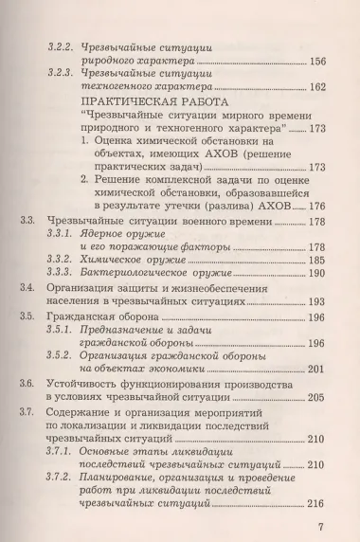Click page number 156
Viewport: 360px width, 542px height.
point(318,63)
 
